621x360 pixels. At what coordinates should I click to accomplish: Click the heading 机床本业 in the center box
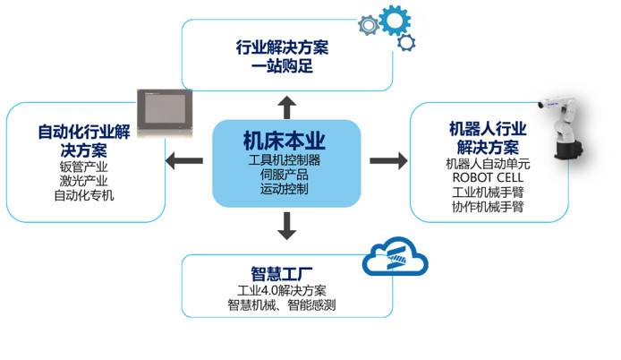pyautogui.click(x=285, y=141)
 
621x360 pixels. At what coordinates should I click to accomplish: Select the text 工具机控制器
pyautogui.click(x=285, y=160)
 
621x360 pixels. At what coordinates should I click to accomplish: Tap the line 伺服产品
pyautogui.click(x=285, y=175)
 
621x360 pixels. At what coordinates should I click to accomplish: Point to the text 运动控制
pyautogui.click(x=285, y=189)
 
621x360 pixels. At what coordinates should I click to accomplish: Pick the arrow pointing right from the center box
pyautogui.click(x=388, y=160)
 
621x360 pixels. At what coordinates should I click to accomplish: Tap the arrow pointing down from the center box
pyautogui.click(x=286, y=228)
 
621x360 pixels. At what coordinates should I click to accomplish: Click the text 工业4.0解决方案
pyautogui.click(x=287, y=290)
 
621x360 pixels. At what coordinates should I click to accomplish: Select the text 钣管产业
pyautogui.click(x=86, y=166)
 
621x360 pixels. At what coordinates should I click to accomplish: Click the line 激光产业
pyautogui.click(x=86, y=180)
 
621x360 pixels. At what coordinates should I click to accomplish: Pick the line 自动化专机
pyautogui.click(x=86, y=194)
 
